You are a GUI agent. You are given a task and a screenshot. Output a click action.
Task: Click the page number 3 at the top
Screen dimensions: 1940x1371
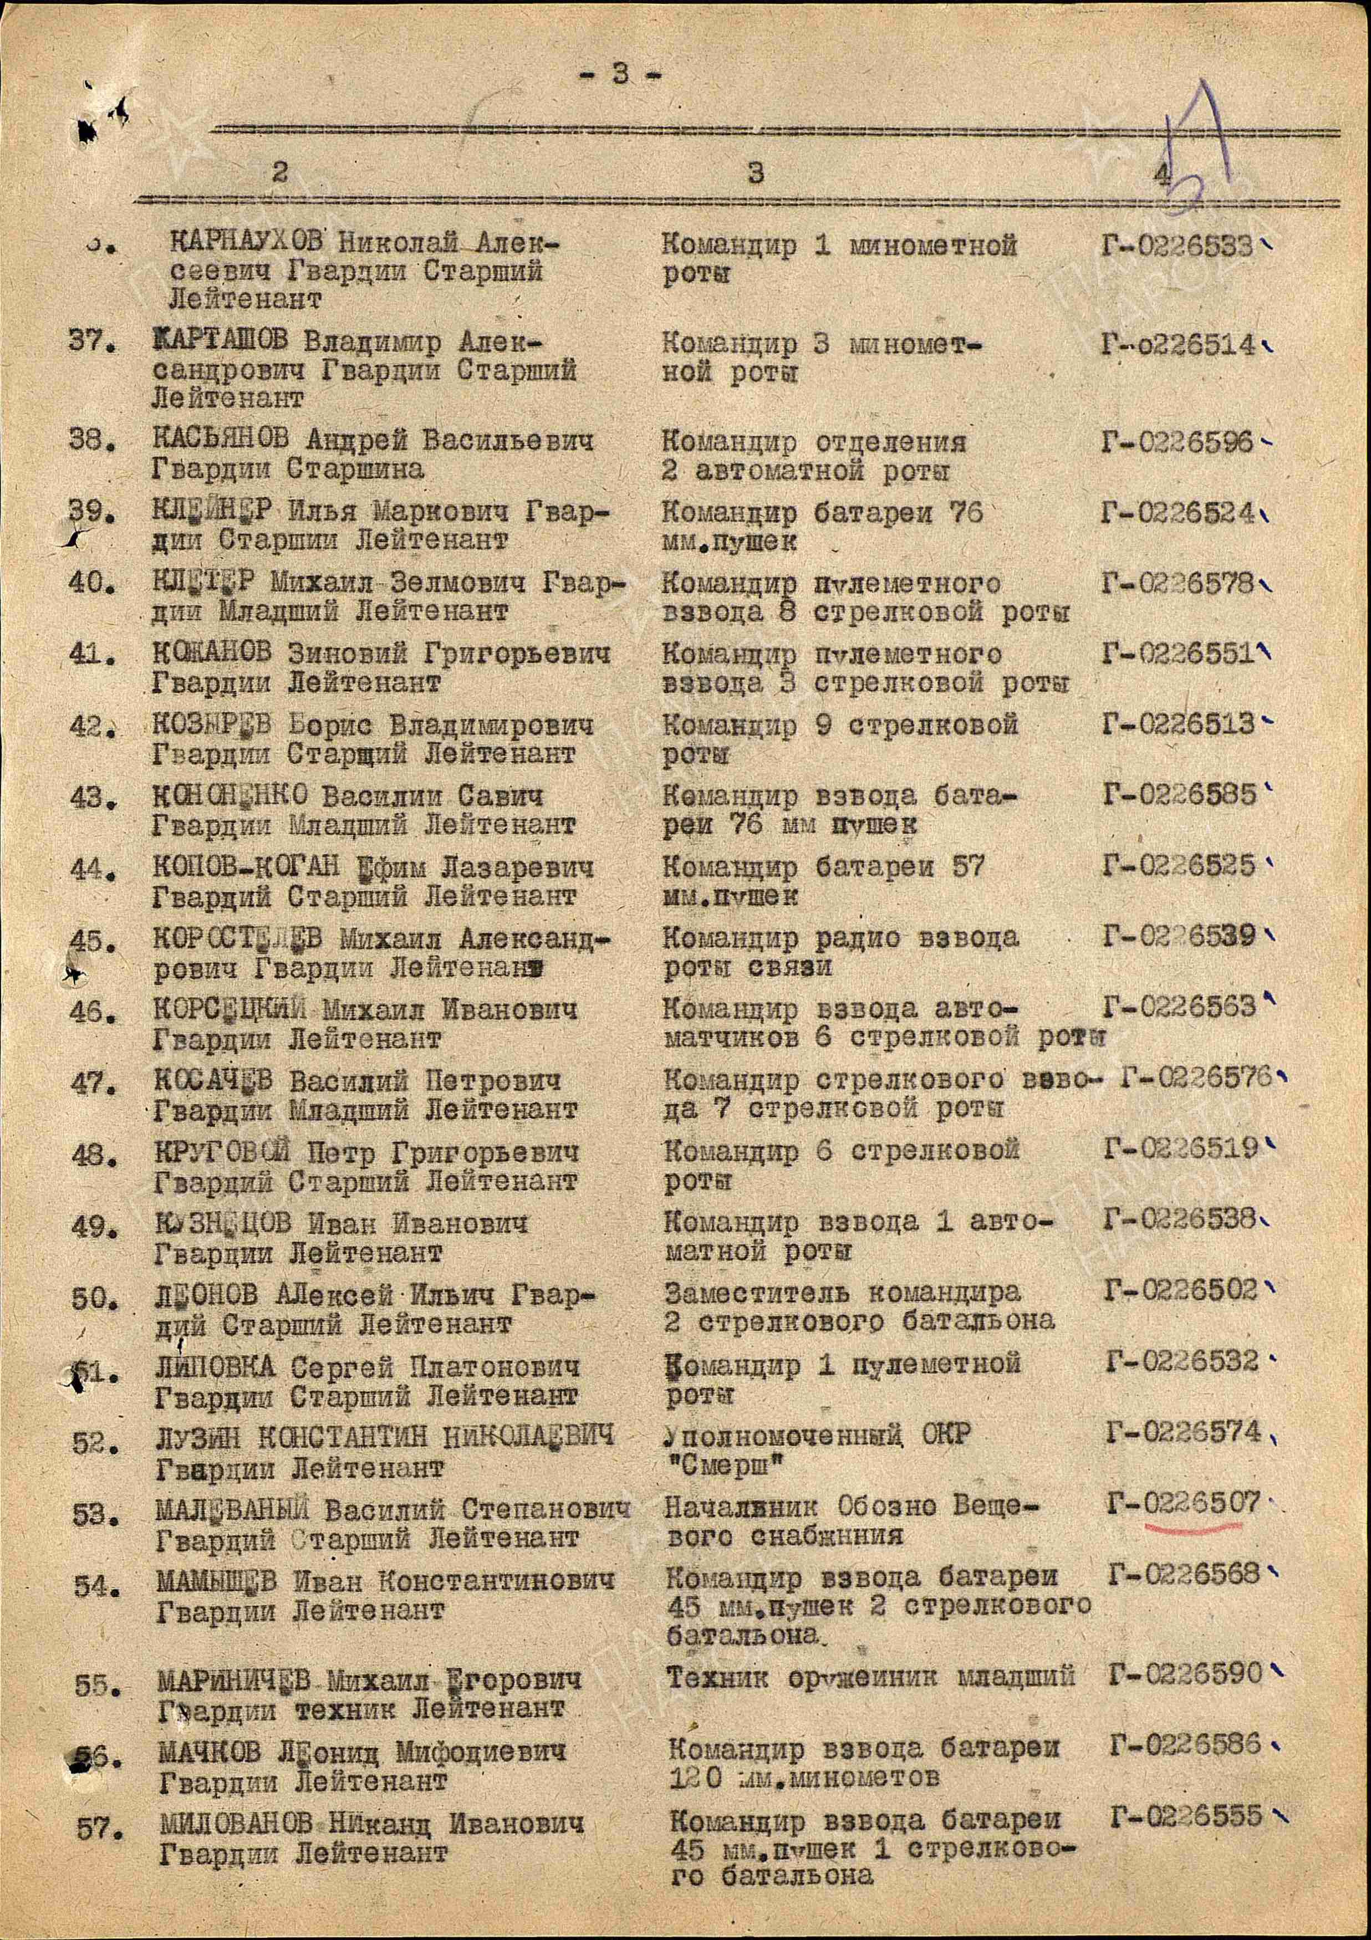coord(620,74)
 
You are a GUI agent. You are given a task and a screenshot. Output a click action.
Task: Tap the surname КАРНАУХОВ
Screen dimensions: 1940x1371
coord(246,245)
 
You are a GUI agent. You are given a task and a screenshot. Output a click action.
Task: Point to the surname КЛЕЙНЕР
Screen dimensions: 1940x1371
coord(212,512)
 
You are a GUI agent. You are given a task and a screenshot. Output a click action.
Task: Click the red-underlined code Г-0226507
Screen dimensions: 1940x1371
coord(1184,1504)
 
